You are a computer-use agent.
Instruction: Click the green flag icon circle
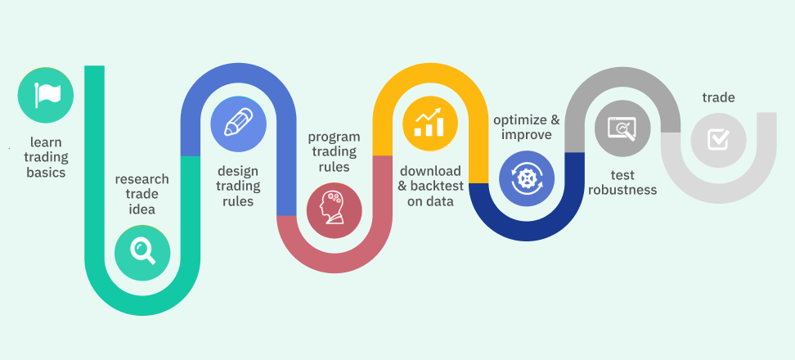pyautogui.click(x=46, y=96)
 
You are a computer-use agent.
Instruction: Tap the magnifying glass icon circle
pyautogui.click(x=142, y=253)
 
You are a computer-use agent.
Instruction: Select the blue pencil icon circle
pyautogui.click(x=238, y=124)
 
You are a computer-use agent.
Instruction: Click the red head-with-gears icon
pyautogui.click(x=335, y=210)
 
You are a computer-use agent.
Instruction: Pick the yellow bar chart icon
pyautogui.click(x=430, y=124)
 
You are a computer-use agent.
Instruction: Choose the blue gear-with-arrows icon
pyautogui.click(x=527, y=178)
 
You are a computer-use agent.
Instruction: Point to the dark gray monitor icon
pyautogui.click(x=622, y=128)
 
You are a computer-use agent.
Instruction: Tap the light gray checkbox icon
pyautogui.click(x=718, y=140)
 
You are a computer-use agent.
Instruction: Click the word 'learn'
pyautogui.click(x=46, y=142)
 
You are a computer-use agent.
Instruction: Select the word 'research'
pyautogui.click(x=142, y=179)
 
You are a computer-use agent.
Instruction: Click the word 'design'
pyautogui.click(x=238, y=171)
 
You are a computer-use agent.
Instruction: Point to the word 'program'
pyautogui.click(x=335, y=137)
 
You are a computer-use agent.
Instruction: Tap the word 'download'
pyautogui.click(x=430, y=170)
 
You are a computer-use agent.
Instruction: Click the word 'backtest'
pyautogui.click(x=436, y=186)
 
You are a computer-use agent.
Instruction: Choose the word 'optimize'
pyautogui.click(x=519, y=120)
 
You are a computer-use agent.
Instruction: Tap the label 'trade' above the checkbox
pyautogui.click(x=718, y=97)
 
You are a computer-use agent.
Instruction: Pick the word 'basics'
pyautogui.click(x=46, y=173)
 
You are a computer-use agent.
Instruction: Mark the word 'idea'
pyautogui.click(x=142, y=209)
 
